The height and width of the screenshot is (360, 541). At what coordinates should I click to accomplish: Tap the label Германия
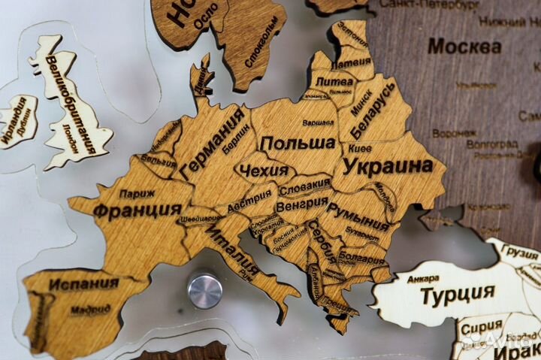coord(214,143)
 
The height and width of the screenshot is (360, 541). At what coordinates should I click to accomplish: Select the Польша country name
coord(297,143)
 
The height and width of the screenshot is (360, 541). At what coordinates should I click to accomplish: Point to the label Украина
coord(388,166)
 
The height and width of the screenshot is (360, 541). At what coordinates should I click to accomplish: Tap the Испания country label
coord(84,283)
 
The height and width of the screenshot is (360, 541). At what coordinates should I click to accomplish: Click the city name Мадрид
coord(91,309)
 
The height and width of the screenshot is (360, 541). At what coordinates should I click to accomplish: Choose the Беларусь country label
coord(372,113)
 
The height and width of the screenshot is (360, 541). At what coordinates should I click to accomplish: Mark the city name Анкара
coord(423,279)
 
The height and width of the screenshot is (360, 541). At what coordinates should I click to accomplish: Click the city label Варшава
coord(318,122)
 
